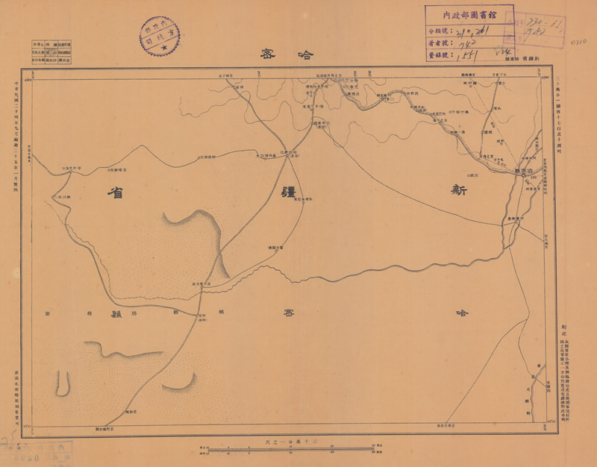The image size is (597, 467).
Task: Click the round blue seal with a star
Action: (159, 34)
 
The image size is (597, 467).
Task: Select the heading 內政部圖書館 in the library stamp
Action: (469, 14)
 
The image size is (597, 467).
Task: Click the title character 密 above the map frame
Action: (267, 54)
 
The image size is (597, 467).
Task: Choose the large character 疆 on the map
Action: (287, 190)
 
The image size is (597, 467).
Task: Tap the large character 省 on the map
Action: (115, 192)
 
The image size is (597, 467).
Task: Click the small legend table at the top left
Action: (51, 54)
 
